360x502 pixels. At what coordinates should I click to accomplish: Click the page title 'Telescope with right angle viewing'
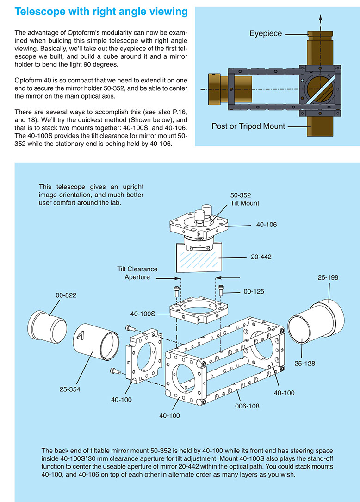tap(101, 12)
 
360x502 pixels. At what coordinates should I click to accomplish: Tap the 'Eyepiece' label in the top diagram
tap(266, 34)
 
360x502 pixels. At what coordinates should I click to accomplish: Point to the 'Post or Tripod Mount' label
tap(248, 126)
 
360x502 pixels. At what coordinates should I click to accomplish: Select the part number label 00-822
tap(66, 295)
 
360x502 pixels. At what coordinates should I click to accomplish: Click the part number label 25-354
tap(70, 389)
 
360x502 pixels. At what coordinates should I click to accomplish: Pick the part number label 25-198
tap(328, 277)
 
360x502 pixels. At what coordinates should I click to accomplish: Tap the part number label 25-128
tap(304, 364)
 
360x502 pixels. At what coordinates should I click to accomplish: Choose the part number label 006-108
tap(247, 406)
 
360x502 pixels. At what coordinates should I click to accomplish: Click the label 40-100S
tap(143, 314)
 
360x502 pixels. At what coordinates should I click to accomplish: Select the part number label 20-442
tap(261, 257)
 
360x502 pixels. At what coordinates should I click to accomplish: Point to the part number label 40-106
tap(267, 225)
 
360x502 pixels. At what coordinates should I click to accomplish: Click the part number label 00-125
tap(254, 292)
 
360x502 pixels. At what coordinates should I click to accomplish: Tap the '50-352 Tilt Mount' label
tap(245, 199)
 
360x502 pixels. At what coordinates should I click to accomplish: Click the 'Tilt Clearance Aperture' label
tap(137, 273)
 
